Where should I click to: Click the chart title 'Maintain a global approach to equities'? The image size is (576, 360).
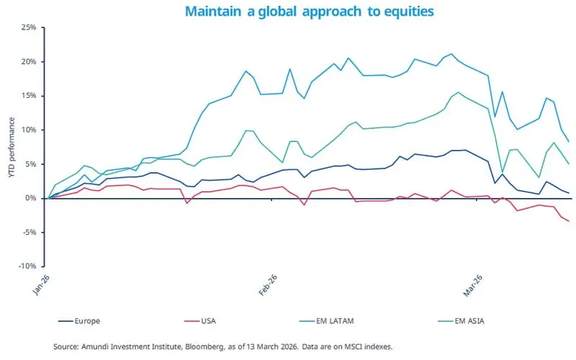point(310,12)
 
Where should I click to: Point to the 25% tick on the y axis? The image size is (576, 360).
point(28,27)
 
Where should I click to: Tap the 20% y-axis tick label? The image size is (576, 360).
point(28,61)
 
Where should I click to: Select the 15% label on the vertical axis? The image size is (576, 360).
point(28,96)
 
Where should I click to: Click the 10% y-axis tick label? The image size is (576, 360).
point(28,130)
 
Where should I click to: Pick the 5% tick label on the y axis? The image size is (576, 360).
point(30,163)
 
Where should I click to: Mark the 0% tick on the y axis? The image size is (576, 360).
point(30,198)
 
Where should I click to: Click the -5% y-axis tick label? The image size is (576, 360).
point(29,232)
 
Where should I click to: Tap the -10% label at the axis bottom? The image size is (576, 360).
point(27,266)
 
